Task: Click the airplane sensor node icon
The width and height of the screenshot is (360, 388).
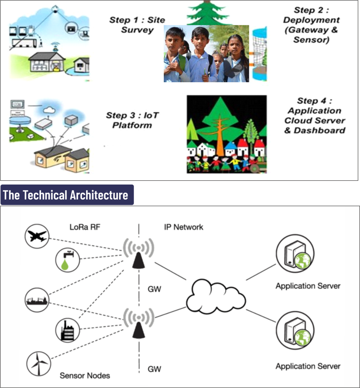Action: [x=37, y=236]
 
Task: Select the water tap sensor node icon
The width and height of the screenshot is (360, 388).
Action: [x=67, y=260]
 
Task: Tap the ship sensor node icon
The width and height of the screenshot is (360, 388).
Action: [x=37, y=300]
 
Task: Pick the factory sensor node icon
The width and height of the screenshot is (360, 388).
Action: [x=68, y=330]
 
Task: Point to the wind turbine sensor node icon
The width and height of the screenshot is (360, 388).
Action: [x=38, y=363]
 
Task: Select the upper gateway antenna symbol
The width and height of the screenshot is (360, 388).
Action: [x=138, y=253]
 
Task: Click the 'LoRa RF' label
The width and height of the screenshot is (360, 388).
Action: [x=85, y=227]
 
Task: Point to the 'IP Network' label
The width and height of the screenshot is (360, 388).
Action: [x=184, y=227]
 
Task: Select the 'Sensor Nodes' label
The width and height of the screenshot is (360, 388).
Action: [x=85, y=375]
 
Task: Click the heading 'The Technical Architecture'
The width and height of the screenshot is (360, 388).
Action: [x=65, y=195]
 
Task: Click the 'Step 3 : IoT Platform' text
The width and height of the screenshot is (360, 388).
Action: [x=132, y=120]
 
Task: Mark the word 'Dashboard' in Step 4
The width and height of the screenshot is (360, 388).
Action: [x=325, y=130]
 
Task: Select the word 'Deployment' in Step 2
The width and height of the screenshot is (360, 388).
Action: [x=311, y=20]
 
